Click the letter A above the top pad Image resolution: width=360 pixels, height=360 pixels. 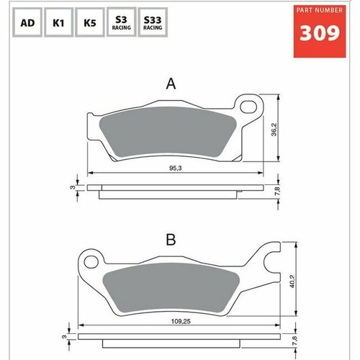coord(171,84)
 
